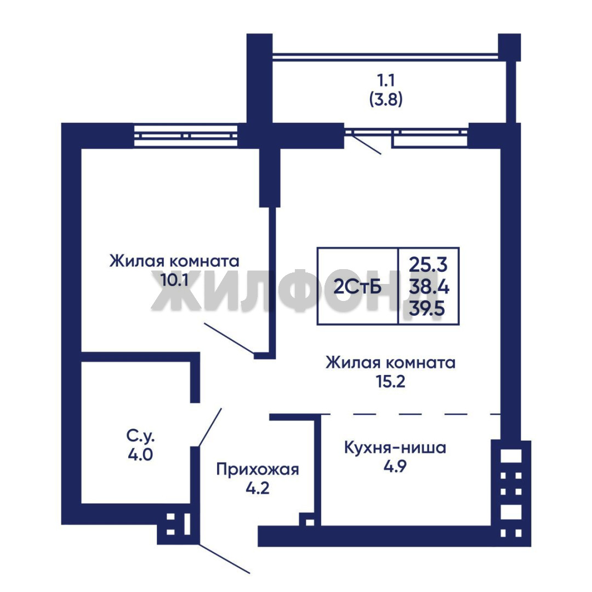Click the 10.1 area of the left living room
(x=174, y=280)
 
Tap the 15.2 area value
(x=390, y=382)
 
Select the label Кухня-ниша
(x=395, y=448)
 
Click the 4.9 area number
(x=395, y=466)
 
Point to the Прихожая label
(x=258, y=470)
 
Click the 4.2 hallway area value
(x=258, y=488)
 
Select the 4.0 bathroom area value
(x=140, y=454)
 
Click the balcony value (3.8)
(x=385, y=99)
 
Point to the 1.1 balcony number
(x=385, y=81)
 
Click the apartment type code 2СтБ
(x=357, y=287)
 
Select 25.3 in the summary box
(x=429, y=265)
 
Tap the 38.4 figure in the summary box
(x=429, y=287)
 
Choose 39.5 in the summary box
(x=428, y=310)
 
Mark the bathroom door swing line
(x=210, y=428)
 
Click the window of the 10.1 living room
(x=186, y=135)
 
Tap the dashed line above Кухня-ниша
(x=411, y=414)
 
